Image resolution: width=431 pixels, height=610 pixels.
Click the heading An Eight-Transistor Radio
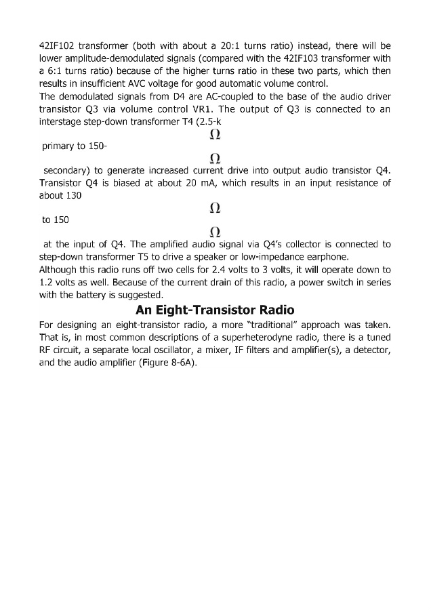pyautogui.click(x=215, y=310)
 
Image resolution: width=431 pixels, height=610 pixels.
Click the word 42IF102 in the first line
pyautogui.click(x=56, y=46)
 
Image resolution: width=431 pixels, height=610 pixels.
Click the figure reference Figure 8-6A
pyautogui.click(x=169, y=362)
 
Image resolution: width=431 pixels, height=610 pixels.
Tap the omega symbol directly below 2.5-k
pyautogui.click(x=215, y=134)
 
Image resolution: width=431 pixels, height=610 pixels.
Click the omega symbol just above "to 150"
pyautogui.click(x=215, y=207)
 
